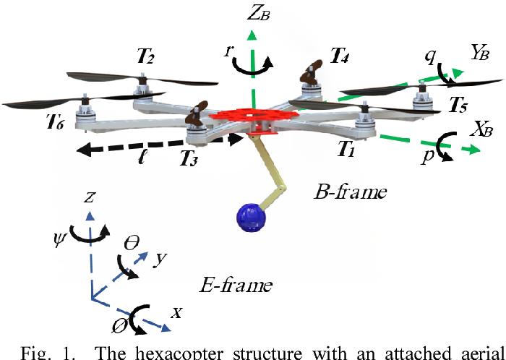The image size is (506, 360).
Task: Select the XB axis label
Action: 481,129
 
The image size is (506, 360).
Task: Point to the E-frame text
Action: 235,285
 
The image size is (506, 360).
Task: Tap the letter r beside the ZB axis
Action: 228,52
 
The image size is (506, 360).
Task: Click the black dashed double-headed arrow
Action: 159,145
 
